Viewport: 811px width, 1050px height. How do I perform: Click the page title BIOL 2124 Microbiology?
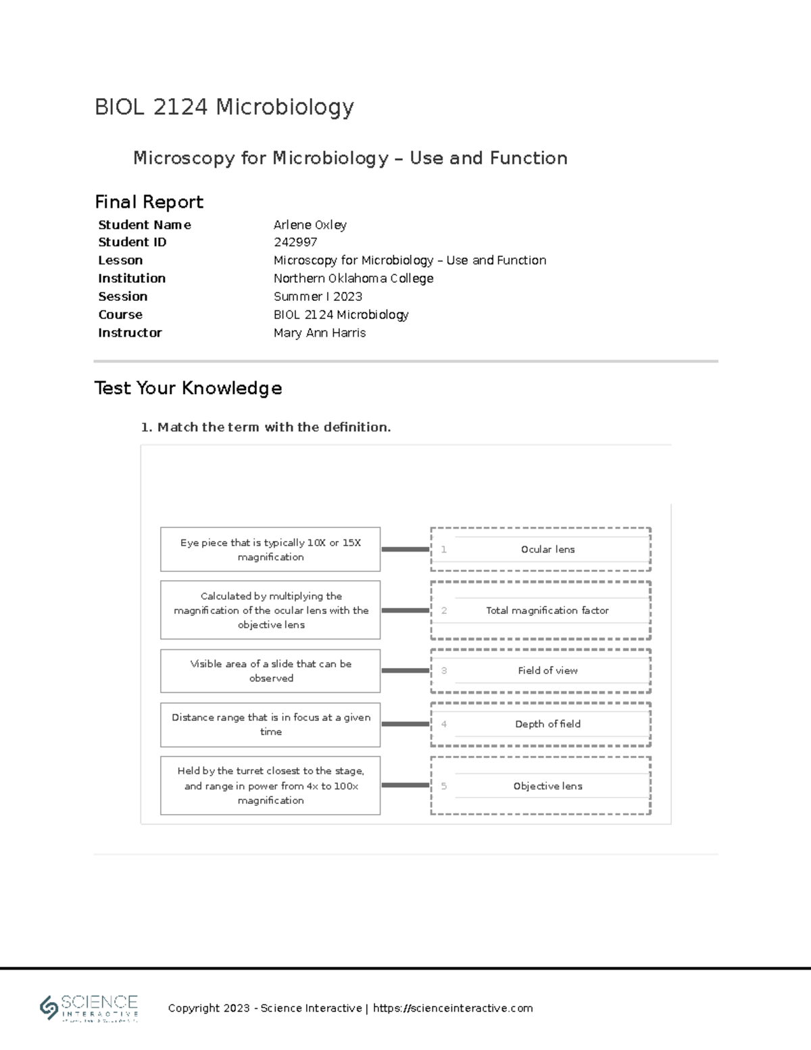(224, 107)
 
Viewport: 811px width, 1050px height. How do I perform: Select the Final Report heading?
(149, 202)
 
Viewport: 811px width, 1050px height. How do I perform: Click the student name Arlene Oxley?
(310, 224)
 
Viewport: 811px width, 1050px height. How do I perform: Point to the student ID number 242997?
(295, 242)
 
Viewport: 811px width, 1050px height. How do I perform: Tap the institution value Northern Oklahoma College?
(353, 279)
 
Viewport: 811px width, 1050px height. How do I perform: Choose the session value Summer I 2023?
(318, 297)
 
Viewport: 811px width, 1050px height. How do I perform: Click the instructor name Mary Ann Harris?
(319, 333)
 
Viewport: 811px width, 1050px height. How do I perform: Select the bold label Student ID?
(132, 242)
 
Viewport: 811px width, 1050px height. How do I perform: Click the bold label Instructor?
(130, 333)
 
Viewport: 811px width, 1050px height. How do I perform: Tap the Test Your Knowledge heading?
(188, 388)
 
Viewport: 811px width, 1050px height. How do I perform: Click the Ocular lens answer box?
(547, 550)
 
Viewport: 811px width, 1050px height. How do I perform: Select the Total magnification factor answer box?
(547, 611)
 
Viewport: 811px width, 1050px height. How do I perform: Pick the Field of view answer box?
(547, 671)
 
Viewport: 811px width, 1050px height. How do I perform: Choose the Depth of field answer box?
(547, 724)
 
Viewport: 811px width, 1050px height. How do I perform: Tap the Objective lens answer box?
(547, 786)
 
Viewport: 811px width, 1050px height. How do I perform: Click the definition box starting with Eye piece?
(270, 550)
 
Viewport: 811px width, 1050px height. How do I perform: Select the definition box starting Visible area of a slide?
(270, 671)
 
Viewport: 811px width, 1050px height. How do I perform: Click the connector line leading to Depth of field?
(405, 724)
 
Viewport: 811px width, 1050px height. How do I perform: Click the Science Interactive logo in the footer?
(89, 1007)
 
